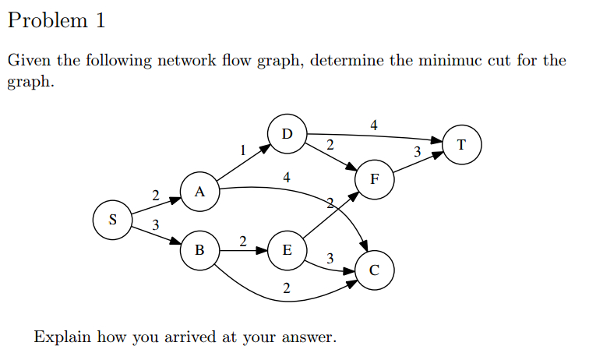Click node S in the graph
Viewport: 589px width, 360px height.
click(112, 219)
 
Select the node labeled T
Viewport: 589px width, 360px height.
click(462, 144)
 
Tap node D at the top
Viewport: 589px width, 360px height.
click(287, 133)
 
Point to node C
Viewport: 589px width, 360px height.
click(375, 270)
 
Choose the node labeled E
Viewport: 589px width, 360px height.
click(287, 250)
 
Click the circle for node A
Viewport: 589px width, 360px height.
click(199, 192)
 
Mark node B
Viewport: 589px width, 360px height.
click(199, 250)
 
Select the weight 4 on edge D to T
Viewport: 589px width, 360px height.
click(374, 125)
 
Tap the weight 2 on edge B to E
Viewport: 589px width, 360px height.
click(243, 242)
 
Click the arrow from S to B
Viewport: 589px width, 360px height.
click(155, 235)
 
